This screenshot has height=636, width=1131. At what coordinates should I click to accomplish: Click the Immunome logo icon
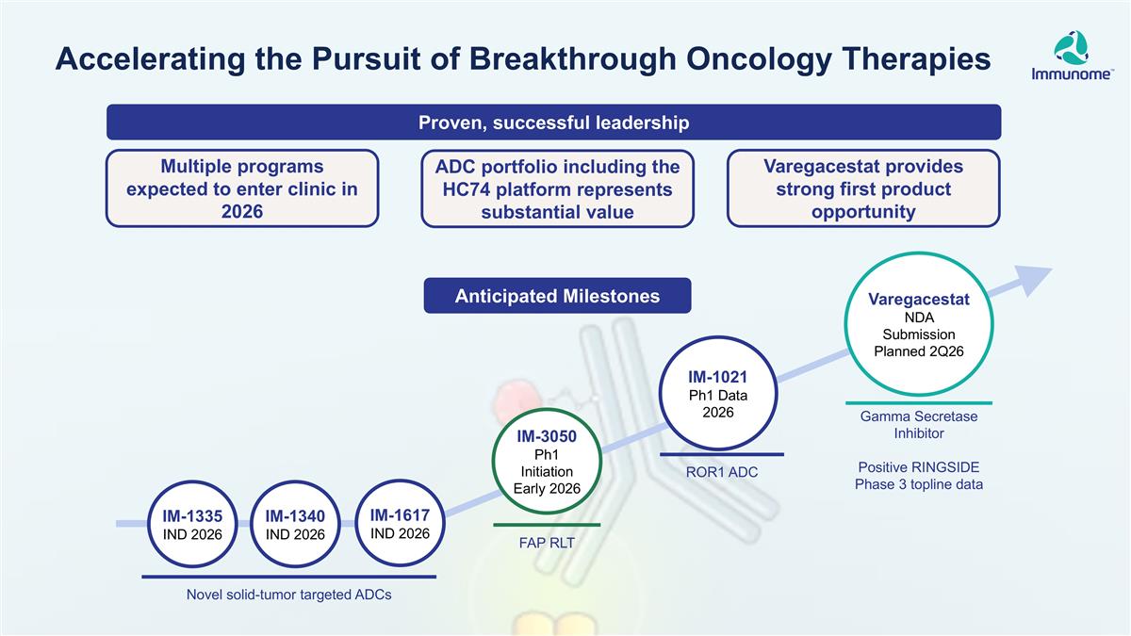pos(1071,48)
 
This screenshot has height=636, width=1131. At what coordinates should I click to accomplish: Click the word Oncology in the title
pos(759,59)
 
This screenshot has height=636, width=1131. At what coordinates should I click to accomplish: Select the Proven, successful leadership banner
pos(554,122)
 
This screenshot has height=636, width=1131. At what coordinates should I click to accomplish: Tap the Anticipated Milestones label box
pos(557,296)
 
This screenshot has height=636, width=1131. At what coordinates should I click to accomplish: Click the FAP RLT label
pos(547,543)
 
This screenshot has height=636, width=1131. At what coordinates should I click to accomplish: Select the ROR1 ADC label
pos(722,472)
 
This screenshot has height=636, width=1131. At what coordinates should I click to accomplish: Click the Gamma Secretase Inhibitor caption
pos(919,425)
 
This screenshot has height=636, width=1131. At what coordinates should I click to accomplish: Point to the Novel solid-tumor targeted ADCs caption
pos(288,595)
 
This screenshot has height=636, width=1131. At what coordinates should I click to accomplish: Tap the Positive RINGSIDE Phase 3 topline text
pos(919,476)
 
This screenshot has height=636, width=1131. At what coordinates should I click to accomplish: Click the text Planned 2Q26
pos(919,351)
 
